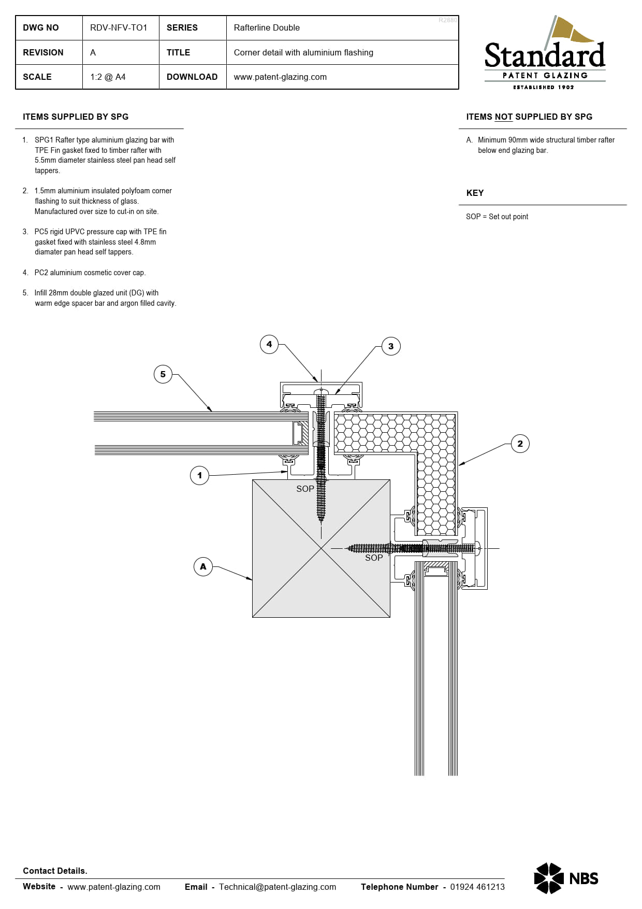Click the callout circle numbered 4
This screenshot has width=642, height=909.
[x=269, y=344]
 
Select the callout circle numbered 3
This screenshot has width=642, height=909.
[x=391, y=346]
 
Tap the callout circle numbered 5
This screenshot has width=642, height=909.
[x=163, y=374]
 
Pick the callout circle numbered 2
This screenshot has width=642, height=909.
[x=520, y=444]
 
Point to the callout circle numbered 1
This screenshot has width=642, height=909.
[x=200, y=475]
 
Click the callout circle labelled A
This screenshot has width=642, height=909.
[x=203, y=566]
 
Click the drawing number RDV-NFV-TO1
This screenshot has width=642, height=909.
[x=119, y=27]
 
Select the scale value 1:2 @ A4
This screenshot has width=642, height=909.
[x=108, y=77]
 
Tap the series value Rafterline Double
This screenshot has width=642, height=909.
[x=267, y=27]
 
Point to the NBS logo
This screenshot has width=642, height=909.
[x=566, y=878]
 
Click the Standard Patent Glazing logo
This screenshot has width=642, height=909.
[x=545, y=53]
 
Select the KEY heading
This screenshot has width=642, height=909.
[x=475, y=193]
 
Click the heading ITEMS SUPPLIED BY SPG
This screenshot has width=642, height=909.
[x=76, y=117]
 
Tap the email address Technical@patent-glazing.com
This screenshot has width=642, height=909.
[x=278, y=887]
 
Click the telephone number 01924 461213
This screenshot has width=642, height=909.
[x=477, y=887]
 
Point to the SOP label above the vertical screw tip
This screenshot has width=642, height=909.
[x=305, y=489]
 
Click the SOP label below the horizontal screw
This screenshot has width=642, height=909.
[x=374, y=558]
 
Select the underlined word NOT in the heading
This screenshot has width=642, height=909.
[x=503, y=117]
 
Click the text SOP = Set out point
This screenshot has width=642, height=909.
[x=497, y=217]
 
